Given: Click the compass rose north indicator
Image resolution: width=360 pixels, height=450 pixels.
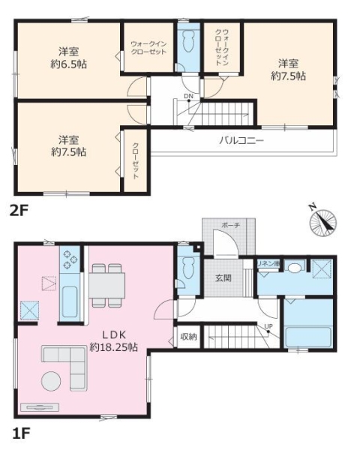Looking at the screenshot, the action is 323,223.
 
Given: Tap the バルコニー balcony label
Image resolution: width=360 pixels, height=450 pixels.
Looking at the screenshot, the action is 241,141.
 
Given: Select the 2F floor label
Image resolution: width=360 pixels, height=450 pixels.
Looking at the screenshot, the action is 19,211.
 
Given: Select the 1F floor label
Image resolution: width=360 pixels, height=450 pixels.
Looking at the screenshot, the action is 21,433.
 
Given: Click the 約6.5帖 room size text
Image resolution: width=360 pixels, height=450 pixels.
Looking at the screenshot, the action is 68,64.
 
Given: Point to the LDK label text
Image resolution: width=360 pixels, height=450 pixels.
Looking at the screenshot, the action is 114,334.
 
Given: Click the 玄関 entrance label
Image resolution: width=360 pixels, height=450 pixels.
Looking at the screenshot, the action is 223,277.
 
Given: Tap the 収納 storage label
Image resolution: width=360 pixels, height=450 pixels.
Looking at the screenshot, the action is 188,336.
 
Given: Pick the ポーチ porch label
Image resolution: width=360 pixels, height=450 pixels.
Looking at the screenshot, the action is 230,226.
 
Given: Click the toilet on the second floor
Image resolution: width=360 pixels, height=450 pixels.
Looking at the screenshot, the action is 188,42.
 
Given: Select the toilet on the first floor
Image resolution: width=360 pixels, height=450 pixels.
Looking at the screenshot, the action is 188,268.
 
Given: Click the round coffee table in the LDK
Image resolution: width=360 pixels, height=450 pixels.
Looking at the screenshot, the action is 51,381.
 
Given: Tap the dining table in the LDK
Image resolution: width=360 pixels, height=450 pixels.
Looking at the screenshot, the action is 106,286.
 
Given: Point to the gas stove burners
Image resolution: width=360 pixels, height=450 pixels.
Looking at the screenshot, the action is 70,259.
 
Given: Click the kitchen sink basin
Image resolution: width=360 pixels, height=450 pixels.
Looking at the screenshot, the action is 70,301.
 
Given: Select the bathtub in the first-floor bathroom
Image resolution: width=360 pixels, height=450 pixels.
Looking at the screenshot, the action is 309,337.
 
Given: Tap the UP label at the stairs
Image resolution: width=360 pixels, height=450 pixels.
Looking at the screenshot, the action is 268,326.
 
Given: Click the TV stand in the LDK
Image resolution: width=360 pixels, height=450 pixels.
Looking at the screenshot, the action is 40,407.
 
